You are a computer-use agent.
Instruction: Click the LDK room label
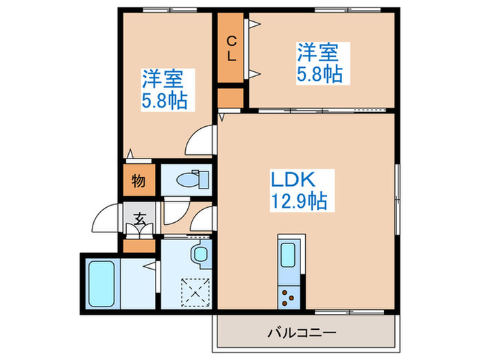pyautogui.click(x=293, y=180)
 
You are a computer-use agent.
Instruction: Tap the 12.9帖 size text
pyautogui.click(x=298, y=202)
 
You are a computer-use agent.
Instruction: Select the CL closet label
pyautogui.click(x=232, y=48)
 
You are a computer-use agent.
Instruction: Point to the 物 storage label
pyautogui.click(x=138, y=182)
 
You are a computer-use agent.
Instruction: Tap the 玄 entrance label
pyautogui.click(x=139, y=220)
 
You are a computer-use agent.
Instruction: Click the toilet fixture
pyautogui.click(x=187, y=180)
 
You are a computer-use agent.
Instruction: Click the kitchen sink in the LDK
pyautogui.click(x=288, y=255)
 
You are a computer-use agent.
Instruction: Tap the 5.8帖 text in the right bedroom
pyautogui.click(x=320, y=73)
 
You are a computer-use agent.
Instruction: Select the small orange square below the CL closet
pyautogui.click(x=232, y=97)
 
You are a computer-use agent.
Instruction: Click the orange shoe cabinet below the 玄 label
pyautogui.click(x=139, y=244)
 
